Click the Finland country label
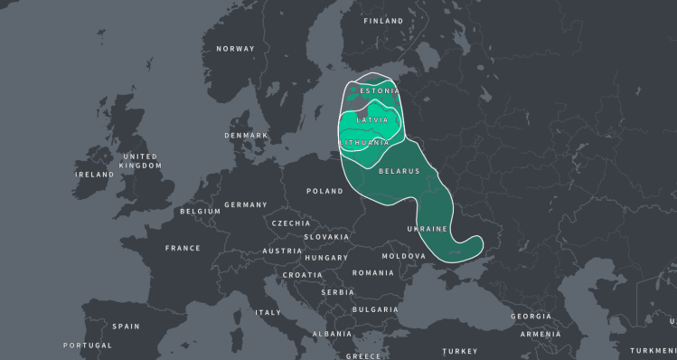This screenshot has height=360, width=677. click(x=383, y=21)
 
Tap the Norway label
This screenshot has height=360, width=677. click(x=235, y=49)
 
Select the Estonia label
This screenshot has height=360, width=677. click(x=380, y=91)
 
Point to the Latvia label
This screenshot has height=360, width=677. click(x=372, y=119)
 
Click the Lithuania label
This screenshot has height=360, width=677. click(x=365, y=143)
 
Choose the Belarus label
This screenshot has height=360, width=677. click(x=399, y=171)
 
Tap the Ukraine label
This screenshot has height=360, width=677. click(x=428, y=229)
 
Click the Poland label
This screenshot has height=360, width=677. click(x=325, y=192)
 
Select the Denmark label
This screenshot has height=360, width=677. click(x=247, y=136)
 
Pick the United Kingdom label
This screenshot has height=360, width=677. click(x=141, y=161)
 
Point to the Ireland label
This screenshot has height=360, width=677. click(x=95, y=175)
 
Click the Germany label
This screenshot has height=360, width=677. click(x=246, y=205)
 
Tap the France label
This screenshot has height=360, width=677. click(x=183, y=248)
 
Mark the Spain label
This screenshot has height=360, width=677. click(x=127, y=326)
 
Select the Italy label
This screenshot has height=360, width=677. click(x=268, y=313)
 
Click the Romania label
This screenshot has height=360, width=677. click(x=373, y=273)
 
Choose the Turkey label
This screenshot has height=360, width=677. click(x=460, y=351)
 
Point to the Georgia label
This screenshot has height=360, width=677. click(x=531, y=317)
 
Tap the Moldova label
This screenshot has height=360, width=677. click(x=403, y=256)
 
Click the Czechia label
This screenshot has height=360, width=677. click(x=291, y=223)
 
